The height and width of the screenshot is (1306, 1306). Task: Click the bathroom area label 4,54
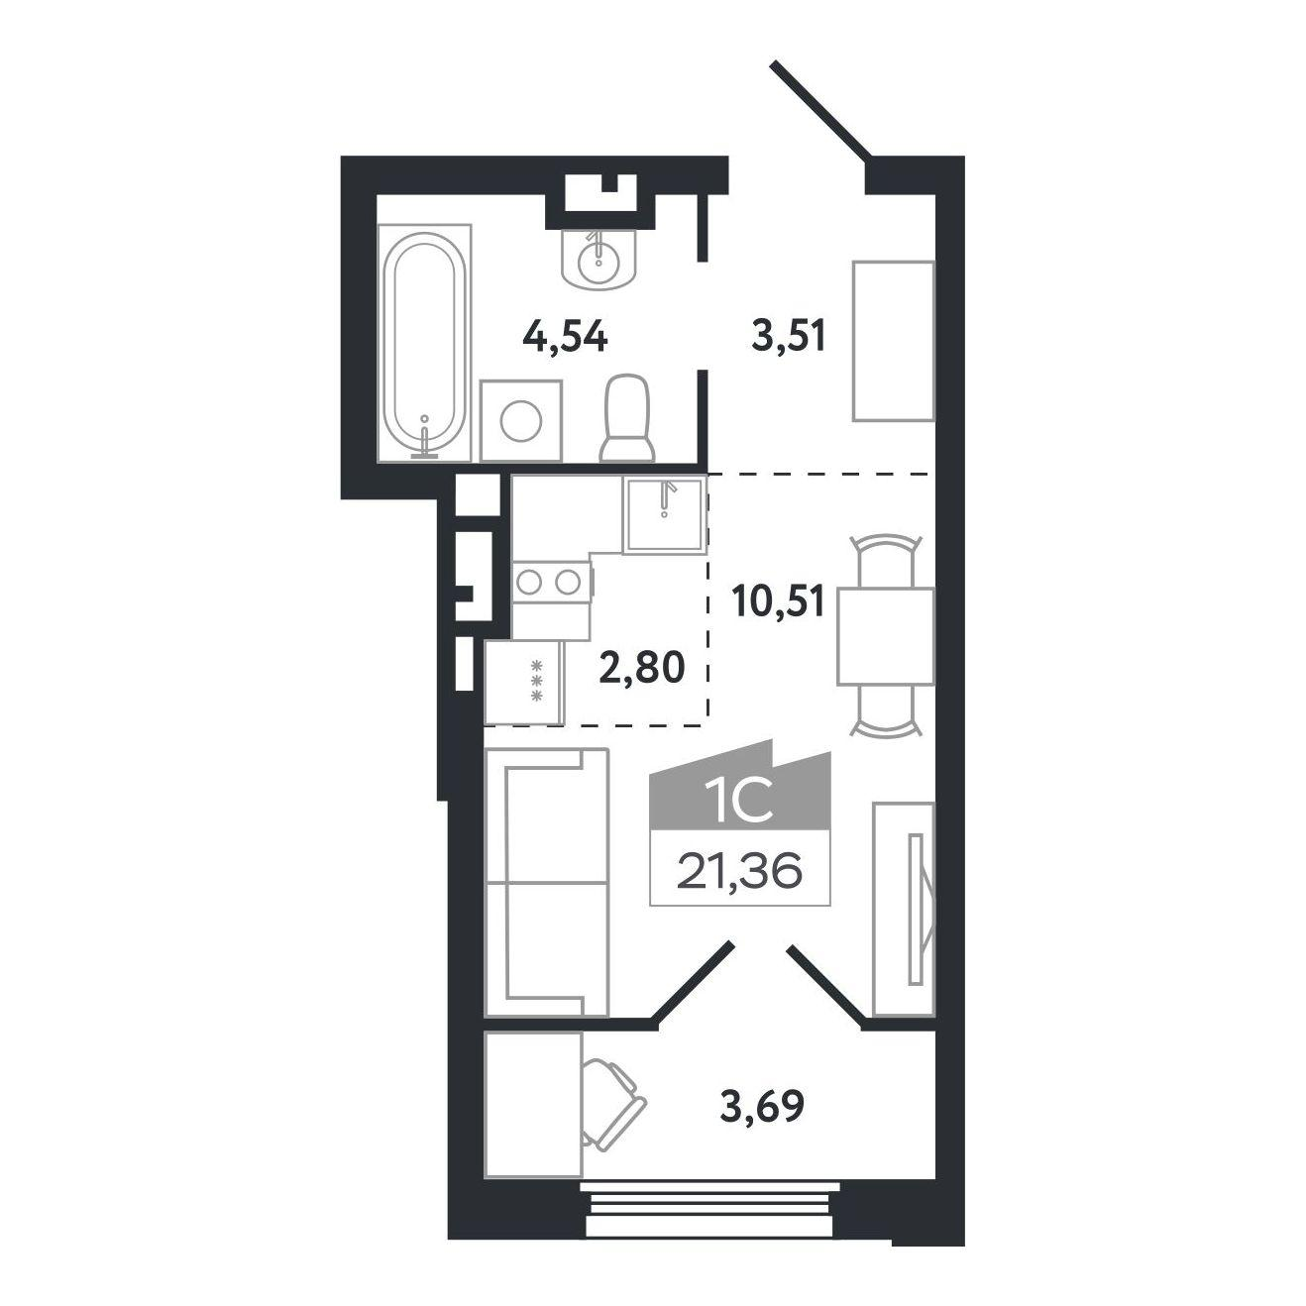(565, 337)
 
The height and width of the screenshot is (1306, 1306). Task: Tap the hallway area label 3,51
(788, 337)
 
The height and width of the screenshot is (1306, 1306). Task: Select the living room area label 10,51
(778, 600)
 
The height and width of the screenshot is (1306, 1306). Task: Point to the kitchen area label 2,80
(642, 668)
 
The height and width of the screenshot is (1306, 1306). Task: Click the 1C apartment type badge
(739, 794)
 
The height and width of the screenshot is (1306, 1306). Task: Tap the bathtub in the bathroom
(424, 343)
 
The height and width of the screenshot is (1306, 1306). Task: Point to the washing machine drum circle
(521, 421)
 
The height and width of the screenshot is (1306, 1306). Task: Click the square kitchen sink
(665, 515)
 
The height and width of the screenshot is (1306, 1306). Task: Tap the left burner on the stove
(528, 582)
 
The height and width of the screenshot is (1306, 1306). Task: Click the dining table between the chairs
(886, 636)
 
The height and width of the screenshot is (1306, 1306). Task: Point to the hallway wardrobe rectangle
(893, 341)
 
